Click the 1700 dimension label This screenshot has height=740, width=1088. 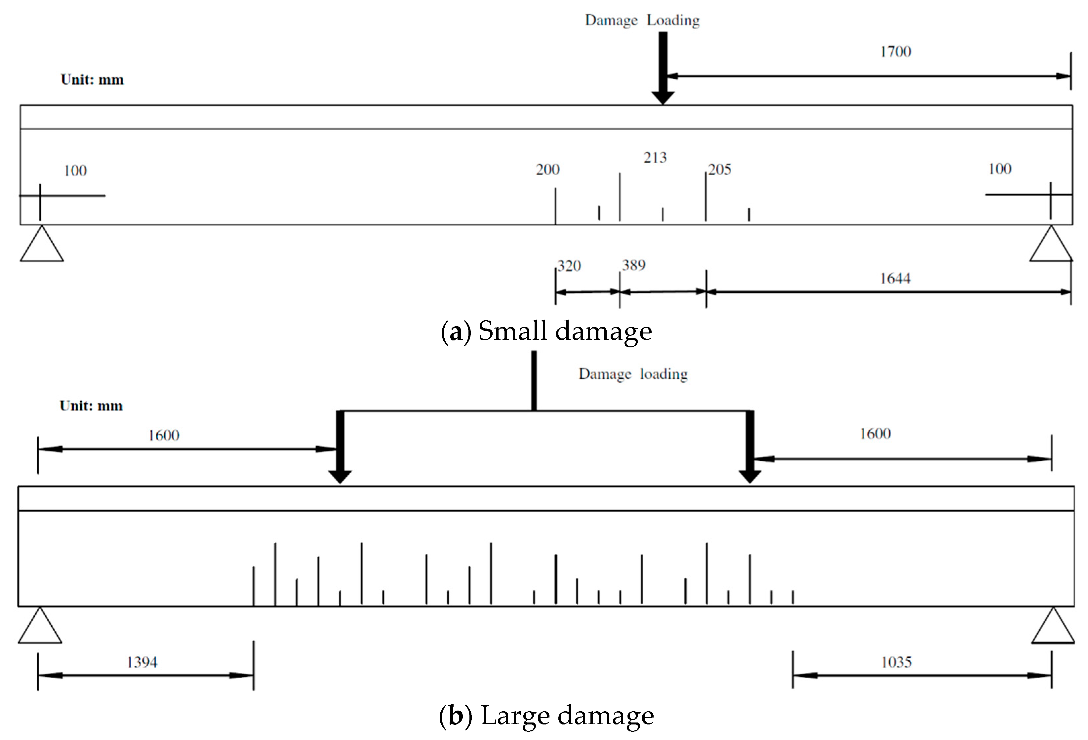pos(895,52)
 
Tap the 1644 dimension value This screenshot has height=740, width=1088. pos(895,279)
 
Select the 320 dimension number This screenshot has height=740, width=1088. pos(569,266)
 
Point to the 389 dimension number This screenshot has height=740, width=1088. pos(633,265)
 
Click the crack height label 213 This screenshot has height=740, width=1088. pos(655,158)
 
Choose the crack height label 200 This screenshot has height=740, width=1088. pos(547,170)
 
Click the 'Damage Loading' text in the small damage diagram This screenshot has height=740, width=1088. pos(642,20)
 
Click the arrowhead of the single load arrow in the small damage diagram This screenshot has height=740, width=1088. pos(663,98)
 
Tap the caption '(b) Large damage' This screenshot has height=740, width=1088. pos(546,715)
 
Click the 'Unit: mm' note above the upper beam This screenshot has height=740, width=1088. pos(92,80)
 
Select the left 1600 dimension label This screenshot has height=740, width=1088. pos(163,435)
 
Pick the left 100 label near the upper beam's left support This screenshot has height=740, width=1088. pos(75,170)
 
